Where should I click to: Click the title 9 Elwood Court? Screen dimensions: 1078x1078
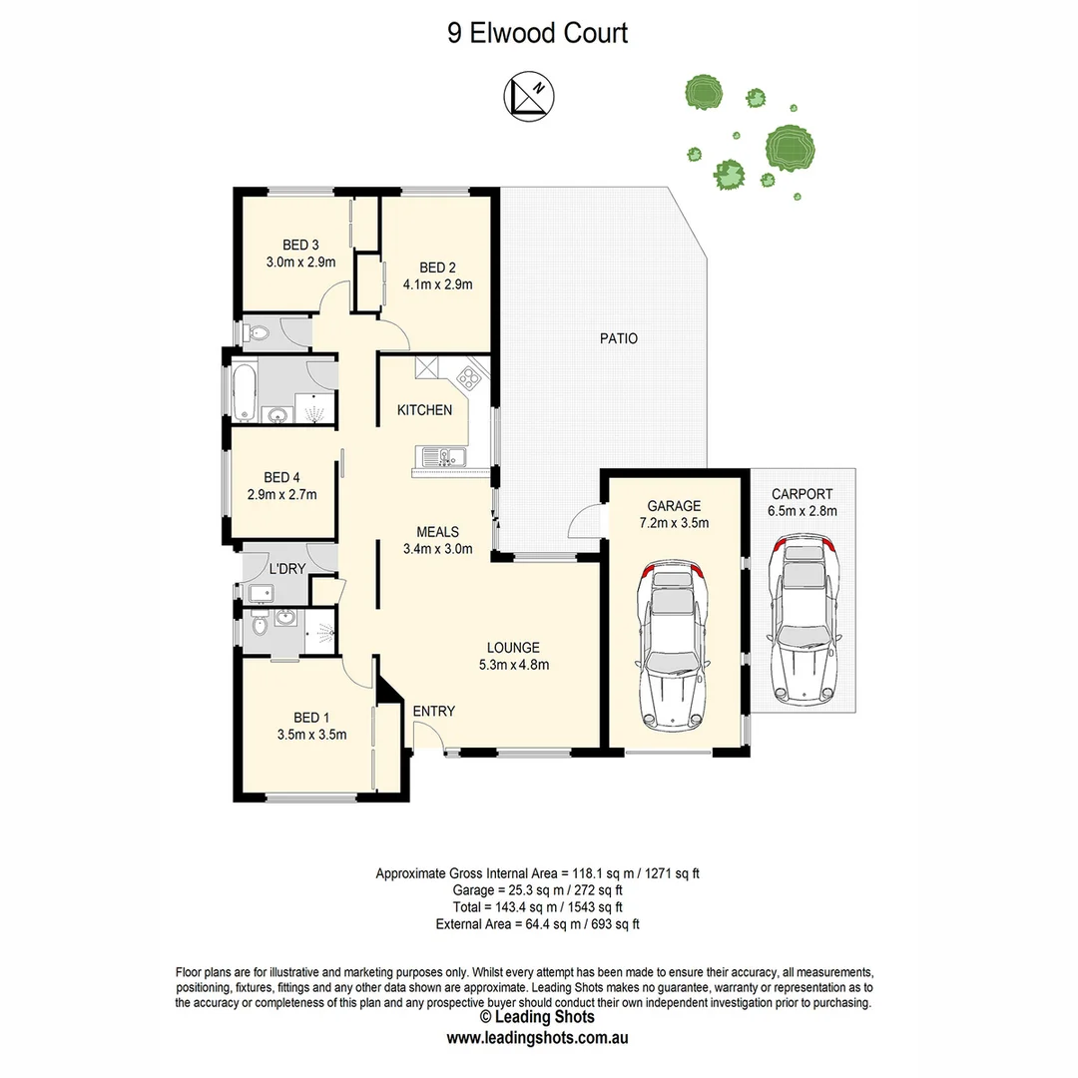(x=538, y=33)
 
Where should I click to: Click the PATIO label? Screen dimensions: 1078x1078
(x=619, y=338)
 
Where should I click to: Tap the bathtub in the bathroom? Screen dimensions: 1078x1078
(x=246, y=392)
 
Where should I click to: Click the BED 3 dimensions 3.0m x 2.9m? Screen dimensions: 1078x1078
(x=300, y=263)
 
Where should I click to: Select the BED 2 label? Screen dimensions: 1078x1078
(x=437, y=268)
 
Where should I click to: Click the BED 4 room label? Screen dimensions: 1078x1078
(x=281, y=477)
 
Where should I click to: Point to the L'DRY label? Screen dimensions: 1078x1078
(x=286, y=569)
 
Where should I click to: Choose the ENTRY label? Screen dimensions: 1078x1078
(x=433, y=711)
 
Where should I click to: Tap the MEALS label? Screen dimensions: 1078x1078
(x=438, y=531)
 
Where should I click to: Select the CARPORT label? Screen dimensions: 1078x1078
(x=802, y=493)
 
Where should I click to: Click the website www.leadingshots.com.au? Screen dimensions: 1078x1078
(x=537, y=1037)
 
